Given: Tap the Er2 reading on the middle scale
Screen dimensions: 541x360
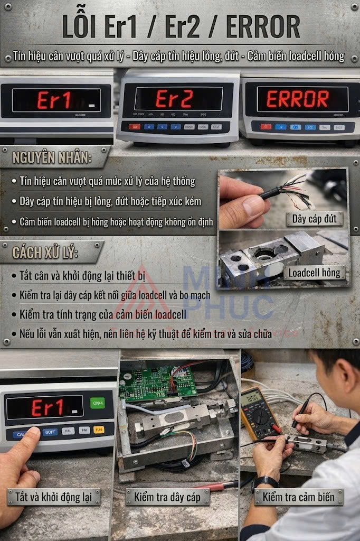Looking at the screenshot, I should pyautogui.click(x=174, y=99).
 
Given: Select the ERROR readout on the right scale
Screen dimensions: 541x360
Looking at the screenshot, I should pyautogui.click(x=297, y=99).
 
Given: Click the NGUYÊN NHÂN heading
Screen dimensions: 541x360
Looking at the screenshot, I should pyautogui.click(x=53, y=158).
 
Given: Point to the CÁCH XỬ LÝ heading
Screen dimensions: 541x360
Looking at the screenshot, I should pyautogui.click(x=45, y=253).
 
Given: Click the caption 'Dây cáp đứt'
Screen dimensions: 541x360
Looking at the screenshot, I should pyautogui.click(x=315, y=218).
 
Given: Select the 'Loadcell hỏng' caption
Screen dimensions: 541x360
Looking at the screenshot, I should pyautogui.click(x=315, y=273).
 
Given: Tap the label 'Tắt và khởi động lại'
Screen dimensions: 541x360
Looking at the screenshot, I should pyautogui.click(x=54, y=497).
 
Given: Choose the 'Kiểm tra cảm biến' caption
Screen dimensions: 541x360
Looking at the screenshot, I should pyautogui.click(x=298, y=497).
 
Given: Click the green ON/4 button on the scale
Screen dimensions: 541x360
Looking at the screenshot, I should pyautogui.click(x=98, y=403).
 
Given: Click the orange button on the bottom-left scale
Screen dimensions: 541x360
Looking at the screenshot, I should pyautogui.click(x=99, y=430).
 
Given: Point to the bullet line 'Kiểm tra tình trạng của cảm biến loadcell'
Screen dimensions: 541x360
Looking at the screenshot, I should pyautogui.click(x=102, y=315).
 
